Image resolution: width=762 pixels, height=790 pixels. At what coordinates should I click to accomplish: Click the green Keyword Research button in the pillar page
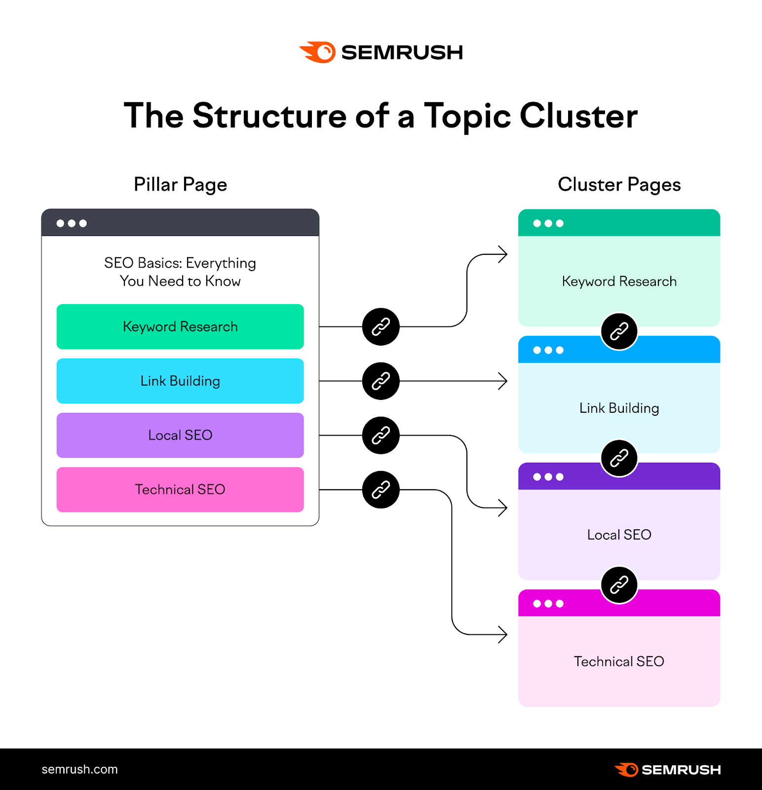coord(180,327)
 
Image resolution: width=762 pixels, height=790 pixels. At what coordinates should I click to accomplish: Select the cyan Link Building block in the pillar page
coord(180,381)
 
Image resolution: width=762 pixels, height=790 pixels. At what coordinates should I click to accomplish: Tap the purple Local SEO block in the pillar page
coord(180,435)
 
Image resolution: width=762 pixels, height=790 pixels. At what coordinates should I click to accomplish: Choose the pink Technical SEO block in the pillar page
coord(180,490)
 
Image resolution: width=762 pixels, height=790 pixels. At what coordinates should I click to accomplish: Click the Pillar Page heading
coord(180,185)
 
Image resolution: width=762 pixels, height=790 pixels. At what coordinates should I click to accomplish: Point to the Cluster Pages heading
coord(619,185)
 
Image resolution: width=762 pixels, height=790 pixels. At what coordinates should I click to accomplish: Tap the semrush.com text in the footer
coord(79,769)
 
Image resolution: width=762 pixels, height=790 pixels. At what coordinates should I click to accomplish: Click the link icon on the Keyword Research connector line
coord(381,327)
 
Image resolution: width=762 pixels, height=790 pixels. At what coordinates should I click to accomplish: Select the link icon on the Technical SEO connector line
coord(381,490)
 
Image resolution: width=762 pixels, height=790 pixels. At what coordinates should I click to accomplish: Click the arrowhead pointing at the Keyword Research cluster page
coord(503,254)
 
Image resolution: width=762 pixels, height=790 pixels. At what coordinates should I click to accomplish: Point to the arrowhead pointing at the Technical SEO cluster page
coord(503,634)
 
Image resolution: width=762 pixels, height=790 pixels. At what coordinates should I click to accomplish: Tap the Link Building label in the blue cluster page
coord(619,408)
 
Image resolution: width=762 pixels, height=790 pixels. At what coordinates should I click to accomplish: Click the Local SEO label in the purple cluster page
coord(619,535)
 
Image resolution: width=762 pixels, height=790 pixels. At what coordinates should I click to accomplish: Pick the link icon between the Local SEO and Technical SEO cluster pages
coord(619,585)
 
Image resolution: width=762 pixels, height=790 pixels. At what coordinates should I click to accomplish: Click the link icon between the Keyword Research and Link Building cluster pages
coord(619,331)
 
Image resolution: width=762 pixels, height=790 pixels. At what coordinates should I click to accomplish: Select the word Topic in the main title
coord(467,117)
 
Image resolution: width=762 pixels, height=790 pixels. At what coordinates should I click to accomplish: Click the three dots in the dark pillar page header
coord(72,223)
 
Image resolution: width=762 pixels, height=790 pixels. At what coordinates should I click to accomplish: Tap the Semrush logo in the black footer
coord(668,769)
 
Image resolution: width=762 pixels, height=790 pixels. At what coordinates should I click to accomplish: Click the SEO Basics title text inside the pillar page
coord(180,272)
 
